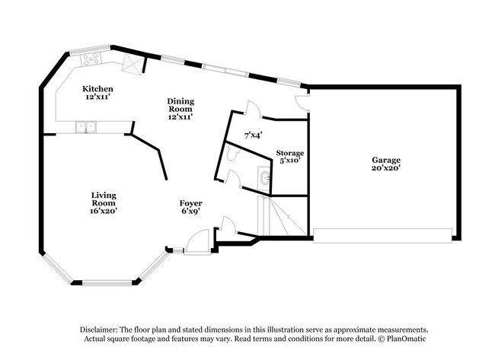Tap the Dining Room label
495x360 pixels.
180,105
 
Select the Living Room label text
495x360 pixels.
104,199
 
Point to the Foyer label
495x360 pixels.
190,203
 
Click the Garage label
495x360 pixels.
386,160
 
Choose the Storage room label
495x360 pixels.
290,153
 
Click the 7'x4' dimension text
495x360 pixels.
254,135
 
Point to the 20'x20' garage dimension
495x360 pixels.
386,168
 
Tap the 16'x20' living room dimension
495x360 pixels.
104,211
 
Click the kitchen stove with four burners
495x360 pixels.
91,59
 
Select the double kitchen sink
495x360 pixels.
86,127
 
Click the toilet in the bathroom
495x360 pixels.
233,154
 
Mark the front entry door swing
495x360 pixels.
198,241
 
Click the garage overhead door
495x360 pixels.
382,236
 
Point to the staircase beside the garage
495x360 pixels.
283,216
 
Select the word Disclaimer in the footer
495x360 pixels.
99,330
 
